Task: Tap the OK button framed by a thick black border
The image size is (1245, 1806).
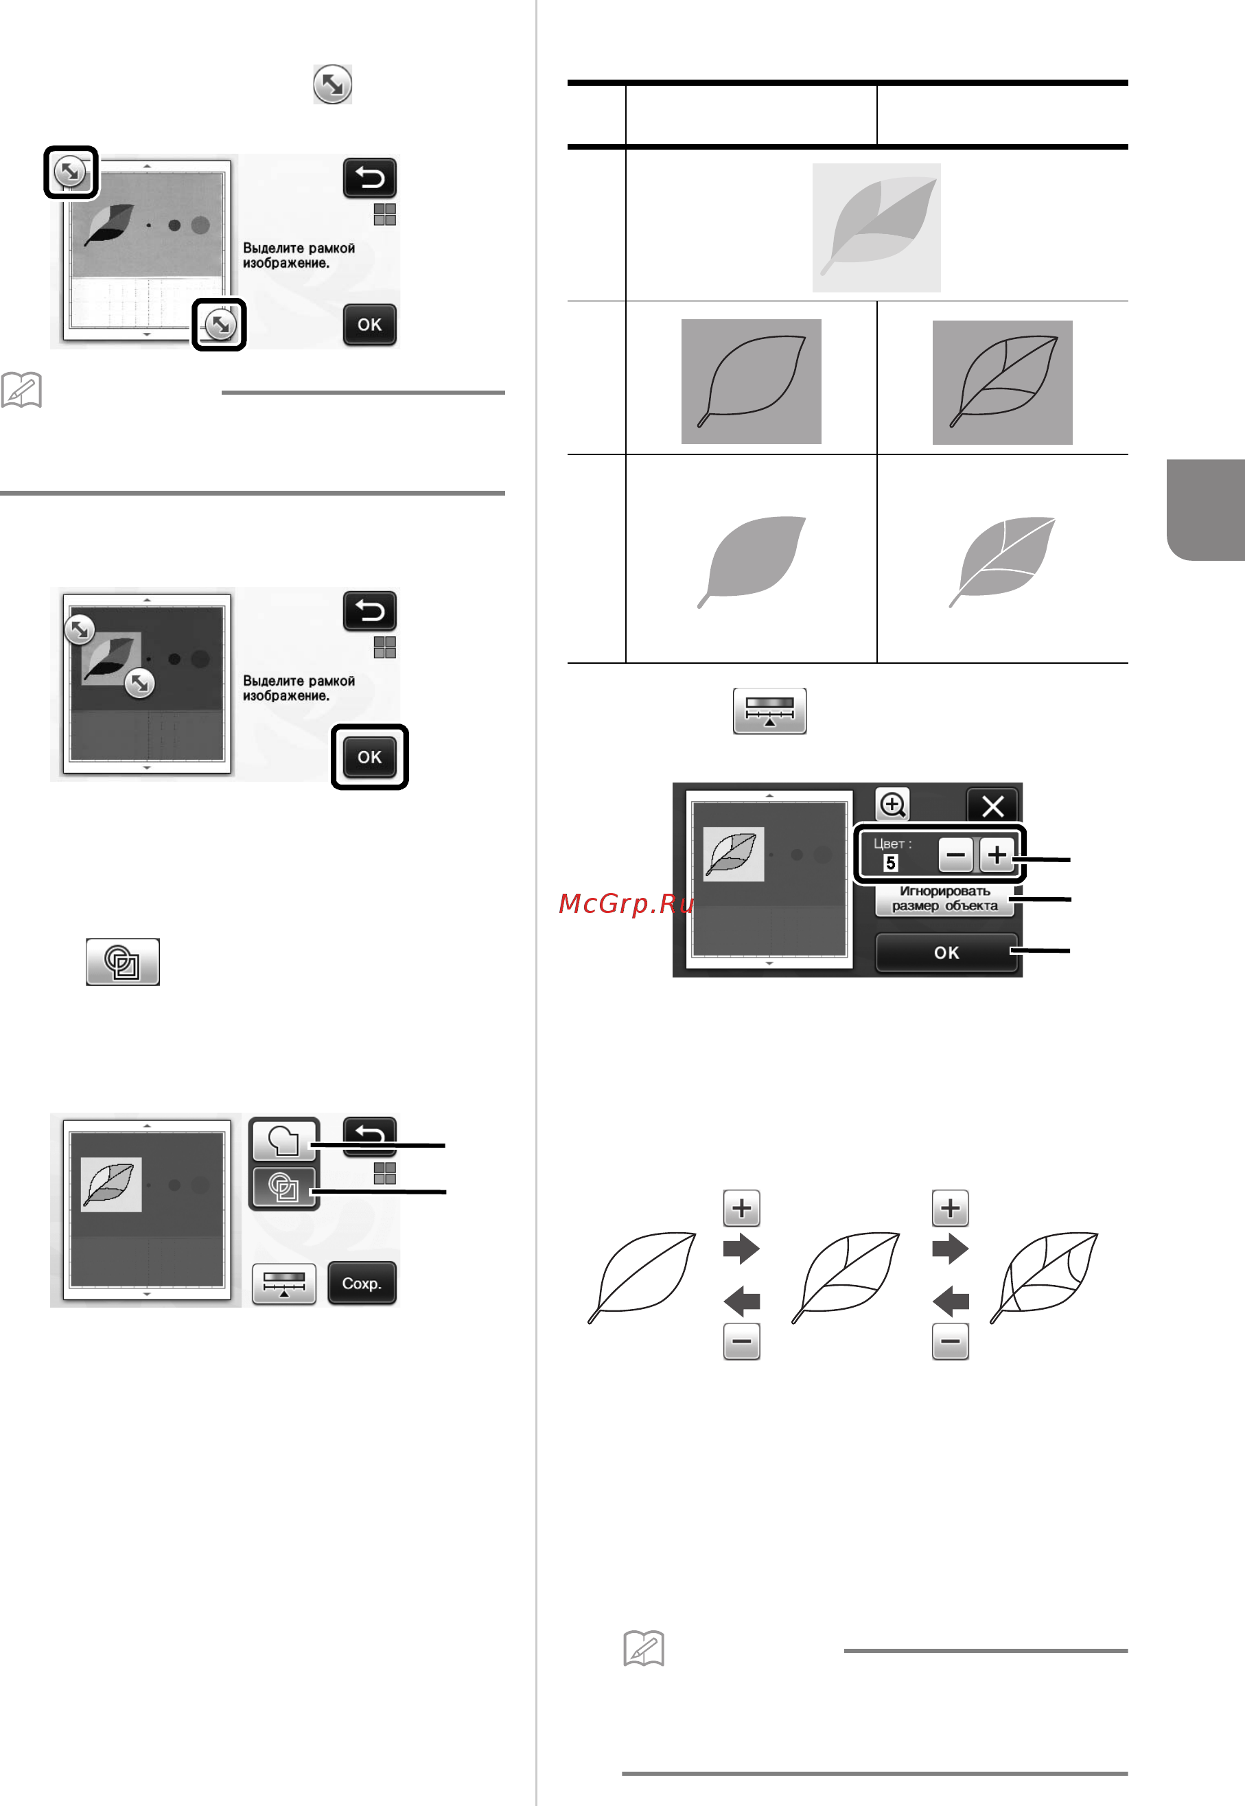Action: [370, 756]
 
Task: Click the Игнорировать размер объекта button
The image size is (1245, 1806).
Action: [944, 899]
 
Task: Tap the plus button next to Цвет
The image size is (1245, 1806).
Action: [996, 855]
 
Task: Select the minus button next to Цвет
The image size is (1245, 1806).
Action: [955, 855]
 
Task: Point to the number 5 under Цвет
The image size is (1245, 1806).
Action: [890, 863]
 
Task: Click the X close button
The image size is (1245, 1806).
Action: [992, 805]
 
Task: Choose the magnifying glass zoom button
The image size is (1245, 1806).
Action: [892, 804]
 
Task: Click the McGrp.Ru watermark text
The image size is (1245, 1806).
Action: [627, 903]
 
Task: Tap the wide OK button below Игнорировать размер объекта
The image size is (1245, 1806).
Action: [946, 953]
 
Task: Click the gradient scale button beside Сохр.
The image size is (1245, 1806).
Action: [284, 1284]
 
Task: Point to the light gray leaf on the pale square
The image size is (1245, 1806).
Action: [878, 227]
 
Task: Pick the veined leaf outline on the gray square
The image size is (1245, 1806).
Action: [1003, 382]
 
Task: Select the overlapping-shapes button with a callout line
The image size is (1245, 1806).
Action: [284, 1188]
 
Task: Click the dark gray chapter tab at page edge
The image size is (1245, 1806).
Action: [1206, 509]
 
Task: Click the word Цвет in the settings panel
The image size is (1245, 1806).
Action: [892, 844]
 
